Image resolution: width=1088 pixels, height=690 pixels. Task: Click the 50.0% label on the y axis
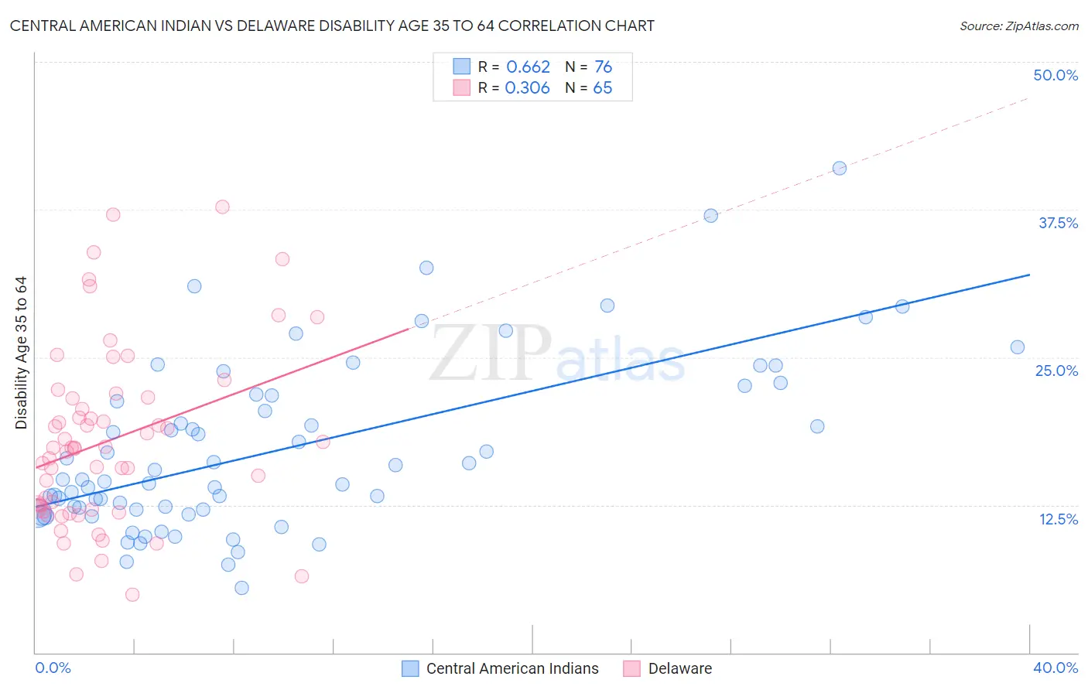(x=1055, y=75)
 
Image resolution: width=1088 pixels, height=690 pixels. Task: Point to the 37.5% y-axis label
(x=1057, y=223)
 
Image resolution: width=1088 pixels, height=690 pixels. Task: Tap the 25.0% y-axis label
(x=1055, y=371)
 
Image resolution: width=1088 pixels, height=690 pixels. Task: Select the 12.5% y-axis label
(x=1057, y=519)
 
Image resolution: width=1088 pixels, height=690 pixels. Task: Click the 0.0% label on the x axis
(x=53, y=668)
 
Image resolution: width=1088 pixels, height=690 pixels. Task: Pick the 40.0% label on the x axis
(x=1055, y=668)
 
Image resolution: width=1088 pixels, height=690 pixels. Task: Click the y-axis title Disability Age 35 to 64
(x=21, y=353)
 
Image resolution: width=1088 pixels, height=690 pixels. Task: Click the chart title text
(x=332, y=26)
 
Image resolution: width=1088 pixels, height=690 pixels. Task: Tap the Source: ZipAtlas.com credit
(x=1018, y=26)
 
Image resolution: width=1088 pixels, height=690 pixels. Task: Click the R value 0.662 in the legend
(x=528, y=67)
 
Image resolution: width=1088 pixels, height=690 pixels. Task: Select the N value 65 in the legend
(x=602, y=88)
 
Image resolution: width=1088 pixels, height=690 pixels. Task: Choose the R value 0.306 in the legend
(x=527, y=88)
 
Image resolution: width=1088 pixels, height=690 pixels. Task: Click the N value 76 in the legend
(x=603, y=67)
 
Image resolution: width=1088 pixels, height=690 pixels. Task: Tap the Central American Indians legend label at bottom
(x=512, y=668)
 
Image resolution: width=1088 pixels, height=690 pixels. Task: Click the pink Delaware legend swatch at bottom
(x=631, y=668)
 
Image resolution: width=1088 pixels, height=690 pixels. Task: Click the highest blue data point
(x=839, y=168)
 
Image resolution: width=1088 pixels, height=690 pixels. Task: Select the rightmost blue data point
(x=1017, y=347)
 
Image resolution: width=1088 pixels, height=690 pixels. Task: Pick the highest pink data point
(x=222, y=207)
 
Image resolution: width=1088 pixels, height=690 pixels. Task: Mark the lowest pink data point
(x=132, y=595)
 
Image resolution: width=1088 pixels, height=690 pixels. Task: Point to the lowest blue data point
(x=241, y=588)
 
